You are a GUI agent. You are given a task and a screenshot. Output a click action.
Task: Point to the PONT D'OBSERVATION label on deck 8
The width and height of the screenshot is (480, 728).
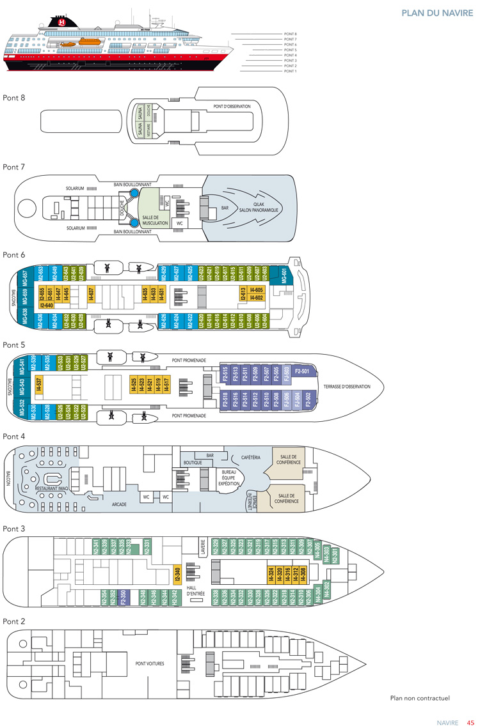(232, 106)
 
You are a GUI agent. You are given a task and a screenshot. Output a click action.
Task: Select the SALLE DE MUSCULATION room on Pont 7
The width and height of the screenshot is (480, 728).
(155, 220)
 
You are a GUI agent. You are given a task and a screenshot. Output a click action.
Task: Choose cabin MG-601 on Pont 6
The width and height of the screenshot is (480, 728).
(284, 277)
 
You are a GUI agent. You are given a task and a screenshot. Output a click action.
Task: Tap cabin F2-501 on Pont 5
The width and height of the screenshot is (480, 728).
(302, 371)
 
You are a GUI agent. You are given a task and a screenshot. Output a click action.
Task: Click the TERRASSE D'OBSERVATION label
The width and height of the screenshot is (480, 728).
(347, 387)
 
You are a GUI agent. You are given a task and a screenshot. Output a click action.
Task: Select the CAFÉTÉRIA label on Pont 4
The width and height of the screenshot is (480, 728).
(250, 458)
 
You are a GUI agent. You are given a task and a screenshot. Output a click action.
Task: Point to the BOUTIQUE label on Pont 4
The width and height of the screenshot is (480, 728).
(193, 462)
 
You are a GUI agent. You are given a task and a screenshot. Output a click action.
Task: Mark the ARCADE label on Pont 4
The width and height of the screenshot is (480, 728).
(119, 504)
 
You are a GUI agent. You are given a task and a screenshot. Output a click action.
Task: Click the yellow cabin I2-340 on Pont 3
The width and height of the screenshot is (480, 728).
(177, 575)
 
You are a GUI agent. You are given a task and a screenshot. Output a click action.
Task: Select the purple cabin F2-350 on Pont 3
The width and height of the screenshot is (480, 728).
(125, 596)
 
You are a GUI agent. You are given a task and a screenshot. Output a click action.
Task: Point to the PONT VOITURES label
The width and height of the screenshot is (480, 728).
(150, 663)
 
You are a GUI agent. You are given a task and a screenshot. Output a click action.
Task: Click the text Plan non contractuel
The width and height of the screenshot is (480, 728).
(420, 698)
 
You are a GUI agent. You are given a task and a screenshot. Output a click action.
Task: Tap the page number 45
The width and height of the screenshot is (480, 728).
(470, 723)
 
